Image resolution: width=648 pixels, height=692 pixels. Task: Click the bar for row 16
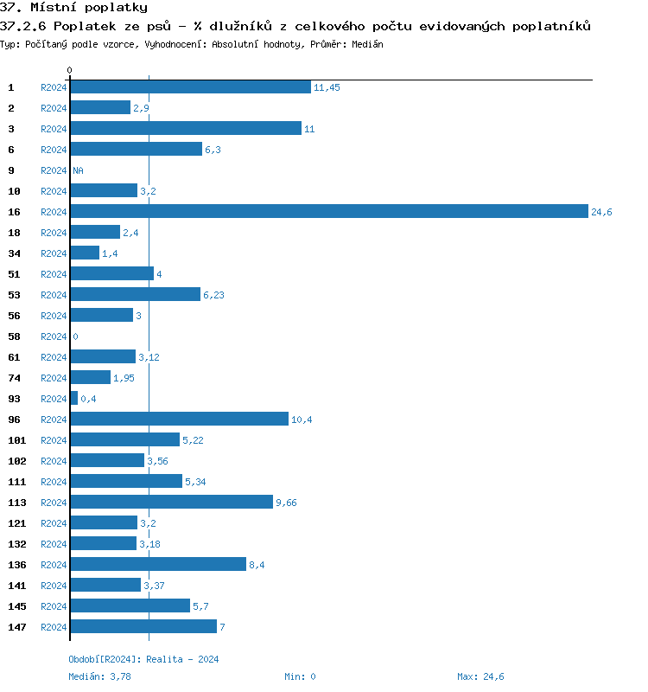point(328,212)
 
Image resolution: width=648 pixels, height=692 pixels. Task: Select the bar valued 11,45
point(190,87)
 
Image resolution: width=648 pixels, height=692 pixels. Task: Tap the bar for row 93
point(73,399)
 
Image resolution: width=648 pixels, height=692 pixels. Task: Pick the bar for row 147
point(143,627)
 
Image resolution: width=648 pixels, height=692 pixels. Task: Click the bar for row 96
point(179,420)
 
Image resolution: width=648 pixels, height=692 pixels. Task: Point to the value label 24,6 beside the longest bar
point(601,212)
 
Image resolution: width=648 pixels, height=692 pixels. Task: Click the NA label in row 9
point(78,170)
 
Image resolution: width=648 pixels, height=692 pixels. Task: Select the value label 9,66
point(286,503)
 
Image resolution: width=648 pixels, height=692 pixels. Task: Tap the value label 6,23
point(213,295)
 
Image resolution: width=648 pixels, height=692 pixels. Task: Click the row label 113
point(16,503)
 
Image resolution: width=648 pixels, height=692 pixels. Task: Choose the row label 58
point(14,336)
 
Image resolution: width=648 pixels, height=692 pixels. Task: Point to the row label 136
point(16,565)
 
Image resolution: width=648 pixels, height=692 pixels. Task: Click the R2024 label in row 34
point(54,253)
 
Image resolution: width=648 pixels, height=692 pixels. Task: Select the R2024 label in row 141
point(54,586)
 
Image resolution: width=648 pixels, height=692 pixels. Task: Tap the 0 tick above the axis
point(70,70)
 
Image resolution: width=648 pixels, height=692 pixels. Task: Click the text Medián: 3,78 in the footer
point(99,676)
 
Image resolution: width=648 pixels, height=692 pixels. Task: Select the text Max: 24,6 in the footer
point(480,676)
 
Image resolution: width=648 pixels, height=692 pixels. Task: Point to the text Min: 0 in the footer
point(300,676)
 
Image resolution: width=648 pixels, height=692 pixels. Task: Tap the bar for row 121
point(104,523)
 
